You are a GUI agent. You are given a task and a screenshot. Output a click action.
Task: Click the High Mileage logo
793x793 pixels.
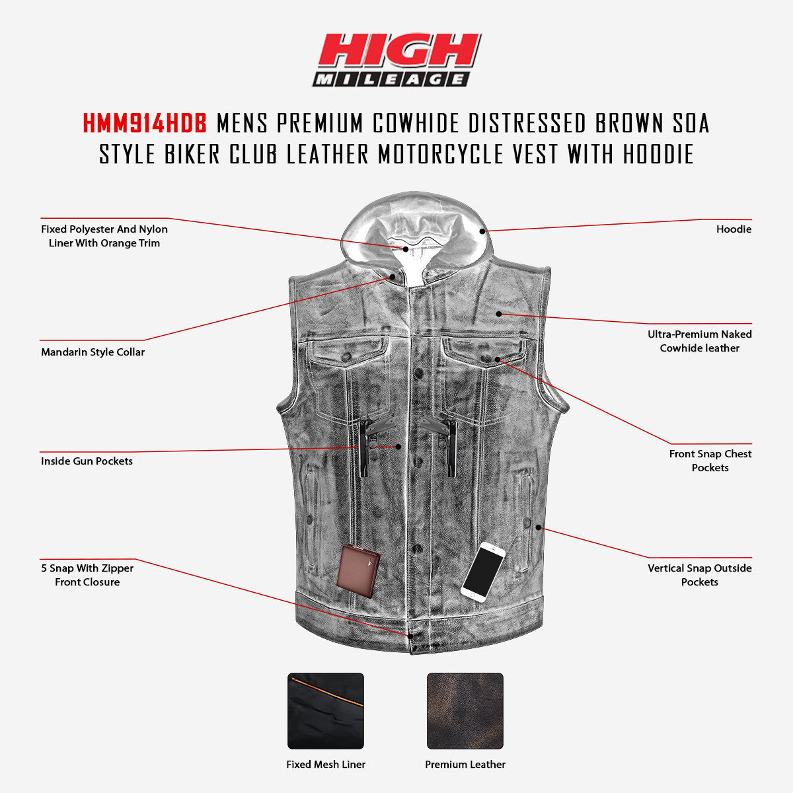[397, 60]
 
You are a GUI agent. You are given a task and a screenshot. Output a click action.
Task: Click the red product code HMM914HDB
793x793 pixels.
[145, 123]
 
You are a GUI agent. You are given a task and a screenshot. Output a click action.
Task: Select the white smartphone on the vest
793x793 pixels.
[483, 570]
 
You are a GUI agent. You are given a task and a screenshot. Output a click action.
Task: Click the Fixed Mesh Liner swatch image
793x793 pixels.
[326, 711]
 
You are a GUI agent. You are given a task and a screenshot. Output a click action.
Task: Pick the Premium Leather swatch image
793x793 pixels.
[465, 711]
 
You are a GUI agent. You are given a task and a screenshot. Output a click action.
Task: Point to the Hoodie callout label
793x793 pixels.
[734, 229]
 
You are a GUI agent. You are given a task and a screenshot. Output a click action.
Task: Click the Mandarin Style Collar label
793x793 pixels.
[93, 352]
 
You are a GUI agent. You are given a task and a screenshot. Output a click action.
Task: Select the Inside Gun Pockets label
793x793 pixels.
[87, 461]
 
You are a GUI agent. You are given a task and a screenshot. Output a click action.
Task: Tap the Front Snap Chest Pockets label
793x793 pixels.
[710, 461]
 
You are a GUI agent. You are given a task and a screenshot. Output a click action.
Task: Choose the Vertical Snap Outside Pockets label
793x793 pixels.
[699, 575]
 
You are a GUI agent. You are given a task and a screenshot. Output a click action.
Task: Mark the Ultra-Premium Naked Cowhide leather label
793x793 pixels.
[699, 341]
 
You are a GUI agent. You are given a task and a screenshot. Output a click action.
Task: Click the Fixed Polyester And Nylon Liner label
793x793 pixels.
[104, 236]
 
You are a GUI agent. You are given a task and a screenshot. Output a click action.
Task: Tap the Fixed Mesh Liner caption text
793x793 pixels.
[326, 765]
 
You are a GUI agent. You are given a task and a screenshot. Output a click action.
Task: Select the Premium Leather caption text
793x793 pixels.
[465, 765]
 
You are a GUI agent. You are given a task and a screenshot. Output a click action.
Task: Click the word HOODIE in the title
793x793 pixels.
[658, 154]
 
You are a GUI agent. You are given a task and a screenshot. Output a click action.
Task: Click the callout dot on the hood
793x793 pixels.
[483, 231]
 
